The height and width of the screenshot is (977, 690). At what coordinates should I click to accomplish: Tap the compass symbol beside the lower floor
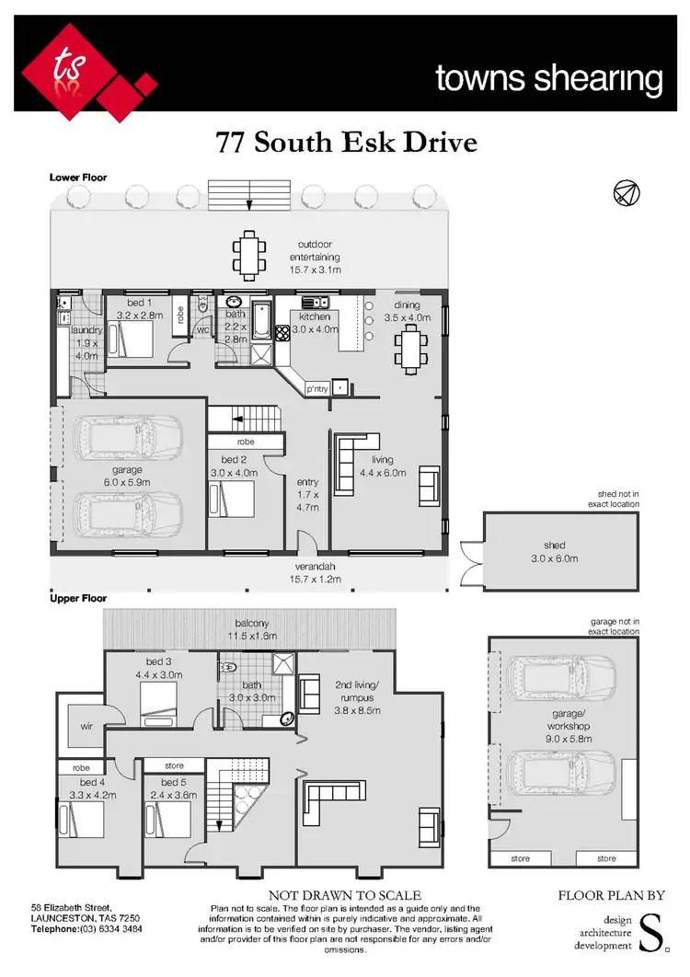click(626, 192)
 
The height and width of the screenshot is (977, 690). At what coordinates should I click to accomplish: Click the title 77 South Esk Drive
click(347, 143)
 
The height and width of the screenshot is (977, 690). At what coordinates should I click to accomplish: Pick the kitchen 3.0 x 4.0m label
click(314, 322)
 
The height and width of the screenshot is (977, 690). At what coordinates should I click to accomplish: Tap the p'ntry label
click(316, 389)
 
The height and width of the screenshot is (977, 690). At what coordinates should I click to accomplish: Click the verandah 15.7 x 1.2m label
click(317, 572)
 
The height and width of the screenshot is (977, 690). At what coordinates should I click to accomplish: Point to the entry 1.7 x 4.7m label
click(307, 494)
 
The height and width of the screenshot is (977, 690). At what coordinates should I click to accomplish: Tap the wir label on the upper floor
click(86, 726)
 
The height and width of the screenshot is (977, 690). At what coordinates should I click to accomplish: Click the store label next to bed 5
click(174, 765)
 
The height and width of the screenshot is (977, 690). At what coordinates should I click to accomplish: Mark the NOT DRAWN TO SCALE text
click(344, 895)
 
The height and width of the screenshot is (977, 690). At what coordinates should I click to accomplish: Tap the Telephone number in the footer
click(86, 929)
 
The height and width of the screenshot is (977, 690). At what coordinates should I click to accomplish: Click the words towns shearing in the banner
click(548, 79)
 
